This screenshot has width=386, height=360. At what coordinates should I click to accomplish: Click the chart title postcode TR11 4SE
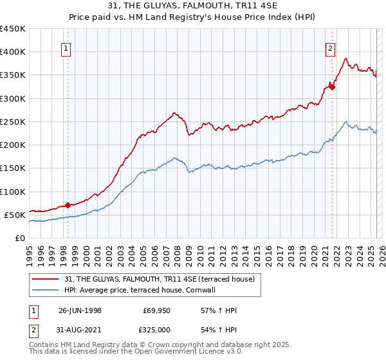(248, 6)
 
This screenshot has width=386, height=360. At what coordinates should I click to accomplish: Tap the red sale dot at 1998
(68, 205)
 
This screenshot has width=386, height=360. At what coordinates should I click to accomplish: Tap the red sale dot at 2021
(332, 87)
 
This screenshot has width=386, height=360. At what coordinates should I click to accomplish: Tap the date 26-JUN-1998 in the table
(80, 310)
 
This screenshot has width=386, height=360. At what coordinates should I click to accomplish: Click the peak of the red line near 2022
(346, 59)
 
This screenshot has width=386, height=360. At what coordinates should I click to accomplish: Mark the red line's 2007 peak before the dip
(174, 113)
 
